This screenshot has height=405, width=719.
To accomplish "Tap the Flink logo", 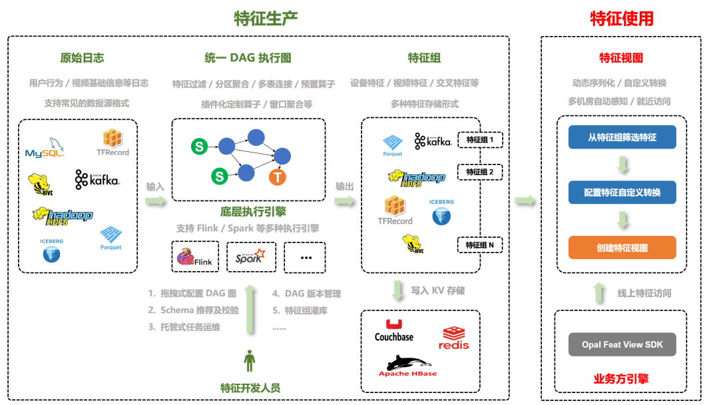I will tap(195, 257).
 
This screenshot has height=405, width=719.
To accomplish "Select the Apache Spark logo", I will tap(250, 256).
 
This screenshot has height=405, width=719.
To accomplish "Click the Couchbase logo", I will tap(394, 330).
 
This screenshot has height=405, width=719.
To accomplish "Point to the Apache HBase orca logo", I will tap(408, 366).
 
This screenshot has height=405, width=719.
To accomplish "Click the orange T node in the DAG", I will tap(278, 177).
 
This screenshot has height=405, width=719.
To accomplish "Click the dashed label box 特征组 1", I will tap(480, 140).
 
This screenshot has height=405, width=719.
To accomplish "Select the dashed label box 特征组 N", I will tap(480, 245).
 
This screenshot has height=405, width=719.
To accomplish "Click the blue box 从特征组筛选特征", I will tap(622, 137).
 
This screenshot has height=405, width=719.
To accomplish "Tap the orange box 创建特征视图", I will tap(622, 248).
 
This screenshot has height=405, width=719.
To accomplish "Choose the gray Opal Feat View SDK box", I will tap(622, 344).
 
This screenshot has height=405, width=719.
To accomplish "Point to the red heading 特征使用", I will tap(622, 19).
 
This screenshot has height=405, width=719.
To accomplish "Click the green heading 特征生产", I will tap(266, 19).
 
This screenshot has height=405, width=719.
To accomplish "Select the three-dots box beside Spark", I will tap(305, 257).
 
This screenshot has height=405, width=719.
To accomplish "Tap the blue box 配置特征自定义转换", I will tap(622, 193).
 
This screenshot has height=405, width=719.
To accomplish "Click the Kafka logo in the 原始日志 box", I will tap(97, 179).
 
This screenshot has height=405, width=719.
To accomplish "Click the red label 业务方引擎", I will tap(621, 379).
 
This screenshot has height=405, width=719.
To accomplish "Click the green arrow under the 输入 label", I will tap(156, 201).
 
